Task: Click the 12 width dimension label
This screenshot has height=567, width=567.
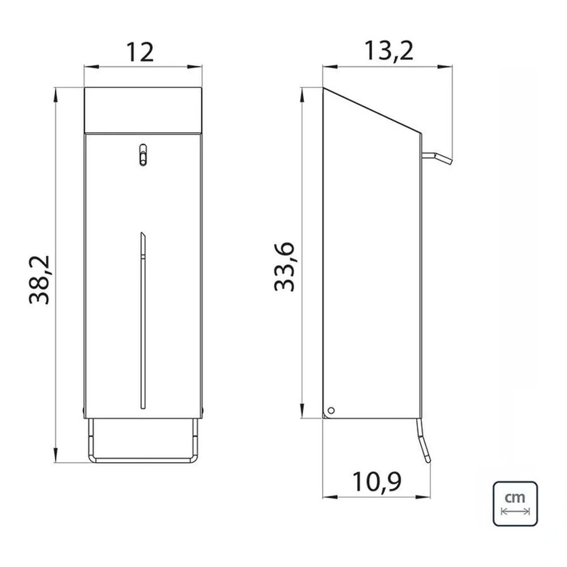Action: click(140, 53)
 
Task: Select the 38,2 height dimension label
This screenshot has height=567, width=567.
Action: click(40, 280)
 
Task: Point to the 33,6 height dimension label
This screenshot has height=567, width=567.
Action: click(285, 267)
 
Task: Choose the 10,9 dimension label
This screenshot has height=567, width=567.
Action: click(376, 482)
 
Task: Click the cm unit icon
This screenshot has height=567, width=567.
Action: click(515, 503)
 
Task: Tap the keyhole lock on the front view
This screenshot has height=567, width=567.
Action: click(143, 155)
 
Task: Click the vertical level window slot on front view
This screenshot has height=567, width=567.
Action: click(143, 320)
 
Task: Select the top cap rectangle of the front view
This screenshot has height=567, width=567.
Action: click(143, 111)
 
